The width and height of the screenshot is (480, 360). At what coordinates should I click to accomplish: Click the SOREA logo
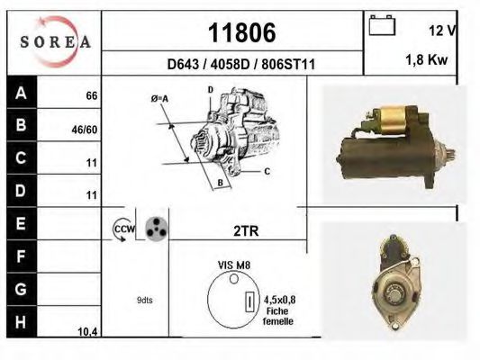(x=56, y=41)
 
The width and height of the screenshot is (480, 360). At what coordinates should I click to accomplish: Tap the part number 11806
(x=242, y=32)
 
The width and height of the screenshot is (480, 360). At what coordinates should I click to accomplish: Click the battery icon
(x=382, y=25)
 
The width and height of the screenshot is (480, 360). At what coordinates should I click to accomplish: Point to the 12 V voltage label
(x=443, y=31)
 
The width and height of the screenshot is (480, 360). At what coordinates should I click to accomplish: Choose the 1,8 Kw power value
(x=427, y=59)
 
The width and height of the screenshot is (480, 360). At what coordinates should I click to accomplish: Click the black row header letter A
(x=21, y=93)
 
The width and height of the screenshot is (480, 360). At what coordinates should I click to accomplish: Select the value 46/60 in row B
(x=85, y=130)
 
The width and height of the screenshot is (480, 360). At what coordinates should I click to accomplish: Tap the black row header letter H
(x=21, y=322)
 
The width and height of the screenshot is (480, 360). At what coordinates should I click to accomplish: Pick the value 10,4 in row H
(x=88, y=331)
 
